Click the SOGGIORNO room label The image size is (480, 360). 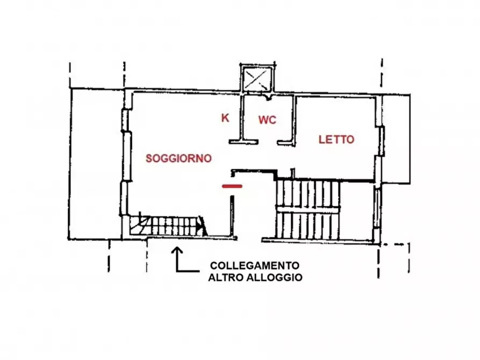179,158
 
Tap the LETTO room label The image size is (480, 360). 336,140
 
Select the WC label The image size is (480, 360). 267,120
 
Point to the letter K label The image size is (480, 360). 225,118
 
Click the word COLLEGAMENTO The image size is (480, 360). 255,265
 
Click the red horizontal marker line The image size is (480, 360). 232,186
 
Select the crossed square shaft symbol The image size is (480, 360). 257,80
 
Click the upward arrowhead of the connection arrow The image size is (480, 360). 178,250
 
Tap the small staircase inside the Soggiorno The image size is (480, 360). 167,226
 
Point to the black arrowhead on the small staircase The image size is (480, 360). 201,226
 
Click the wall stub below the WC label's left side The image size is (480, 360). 244,141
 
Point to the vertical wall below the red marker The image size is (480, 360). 232,215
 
